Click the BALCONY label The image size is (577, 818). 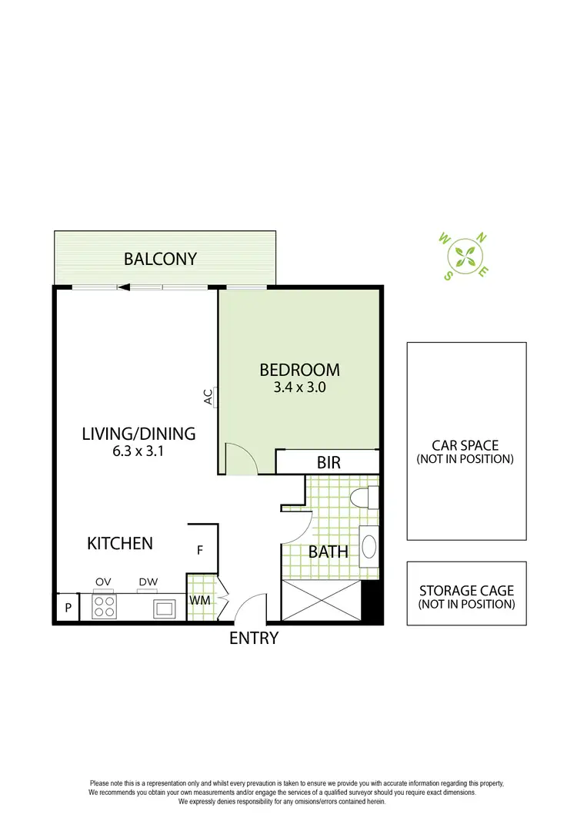[x=161, y=259]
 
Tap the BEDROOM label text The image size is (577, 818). [x=299, y=370]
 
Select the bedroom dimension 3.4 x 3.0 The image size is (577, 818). [x=299, y=388]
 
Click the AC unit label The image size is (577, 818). [x=208, y=397]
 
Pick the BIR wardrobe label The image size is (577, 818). [x=329, y=463]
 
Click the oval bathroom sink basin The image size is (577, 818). [x=369, y=547]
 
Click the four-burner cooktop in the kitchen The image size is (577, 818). [x=103, y=607]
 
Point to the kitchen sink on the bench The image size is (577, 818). [x=164, y=608]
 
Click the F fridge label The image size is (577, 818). [x=200, y=551]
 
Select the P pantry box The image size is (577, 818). [x=68, y=608]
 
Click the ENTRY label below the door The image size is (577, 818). [x=253, y=638]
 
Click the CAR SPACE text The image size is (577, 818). [x=465, y=445]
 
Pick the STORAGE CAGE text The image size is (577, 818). [x=466, y=592]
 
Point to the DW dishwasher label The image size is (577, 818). [x=148, y=582]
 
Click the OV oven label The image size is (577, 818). [x=103, y=582]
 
